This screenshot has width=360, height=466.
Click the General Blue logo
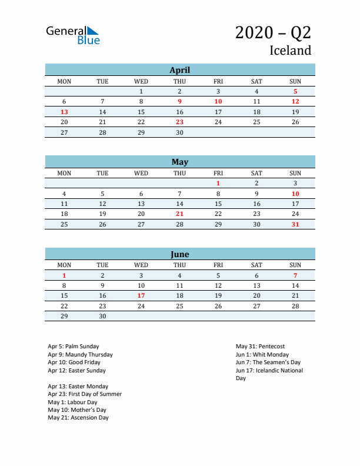click(x=73, y=35)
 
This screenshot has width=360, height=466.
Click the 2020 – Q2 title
click(x=273, y=33)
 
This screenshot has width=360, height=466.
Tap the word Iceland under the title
click(x=290, y=51)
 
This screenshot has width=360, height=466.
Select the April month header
click(x=179, y=70)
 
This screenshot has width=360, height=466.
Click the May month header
click(x=179, y=162)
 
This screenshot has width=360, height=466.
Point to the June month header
click(x=179, y=254)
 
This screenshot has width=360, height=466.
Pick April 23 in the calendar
click(x=179, y=122)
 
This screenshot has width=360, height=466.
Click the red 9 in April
click(x=179, y=102)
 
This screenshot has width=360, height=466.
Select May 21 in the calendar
click(x=179, y=214)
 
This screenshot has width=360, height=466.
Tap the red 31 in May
click(x=295, y=224)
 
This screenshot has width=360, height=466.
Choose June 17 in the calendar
click(x=141, y=295)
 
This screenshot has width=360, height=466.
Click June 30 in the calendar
click(x=102, y=316)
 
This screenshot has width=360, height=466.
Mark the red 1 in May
click(x=218, y=183)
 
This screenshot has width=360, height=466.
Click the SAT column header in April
click(x=256, y=81)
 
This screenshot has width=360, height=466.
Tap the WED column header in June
click(x=141, y=265)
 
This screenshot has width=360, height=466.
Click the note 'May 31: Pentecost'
click(x=260, y=347)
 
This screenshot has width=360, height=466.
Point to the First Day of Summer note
click(x=85, y=394)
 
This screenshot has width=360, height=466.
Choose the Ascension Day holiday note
click(x=78, y=418)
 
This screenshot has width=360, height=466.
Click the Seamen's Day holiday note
click(x=268, y=362)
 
